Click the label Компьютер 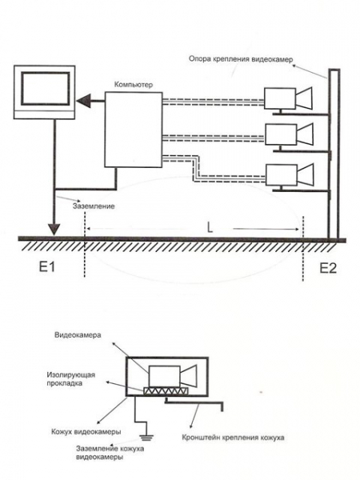[133, 85]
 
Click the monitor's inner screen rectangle [46, 89]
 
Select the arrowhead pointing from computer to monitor [83, 101]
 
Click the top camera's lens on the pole [304, 98]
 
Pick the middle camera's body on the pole [281, 134]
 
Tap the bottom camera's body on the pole [282, 174]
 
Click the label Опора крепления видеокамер [241, 59]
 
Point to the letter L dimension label [210, 227]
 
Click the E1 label [47, 267]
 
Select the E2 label [328, 268]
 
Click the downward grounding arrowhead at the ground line [54, 228]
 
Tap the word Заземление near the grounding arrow [94, 206]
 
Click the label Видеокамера [78, 335]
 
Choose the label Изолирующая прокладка [71, 378]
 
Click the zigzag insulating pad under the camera [166, 391]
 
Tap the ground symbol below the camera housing [147, 438]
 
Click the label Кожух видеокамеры [86, 432]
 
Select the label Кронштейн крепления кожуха [233, 438]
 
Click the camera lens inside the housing [188, 376]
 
